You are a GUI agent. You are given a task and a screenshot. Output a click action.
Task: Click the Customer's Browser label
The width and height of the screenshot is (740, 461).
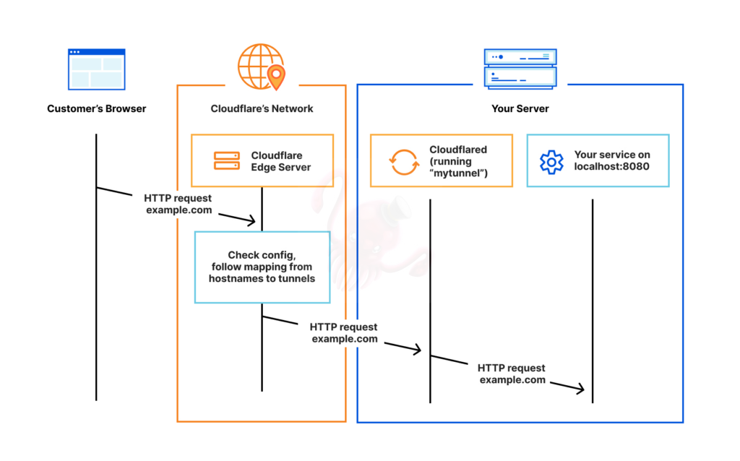coord(97,109)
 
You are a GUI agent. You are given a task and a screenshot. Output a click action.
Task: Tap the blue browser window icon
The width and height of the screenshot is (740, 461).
coord(96,69)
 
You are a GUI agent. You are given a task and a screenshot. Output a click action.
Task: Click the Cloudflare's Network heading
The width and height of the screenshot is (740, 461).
coord(262,109)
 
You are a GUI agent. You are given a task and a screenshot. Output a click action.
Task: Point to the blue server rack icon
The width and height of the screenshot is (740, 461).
coord(520,69)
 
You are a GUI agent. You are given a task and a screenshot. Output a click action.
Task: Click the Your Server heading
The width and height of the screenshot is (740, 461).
coord(520,109)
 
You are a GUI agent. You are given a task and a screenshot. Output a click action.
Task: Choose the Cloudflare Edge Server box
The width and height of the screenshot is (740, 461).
coord(262,160)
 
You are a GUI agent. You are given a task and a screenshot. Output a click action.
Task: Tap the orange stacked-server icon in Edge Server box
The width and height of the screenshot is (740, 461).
coord(226,161)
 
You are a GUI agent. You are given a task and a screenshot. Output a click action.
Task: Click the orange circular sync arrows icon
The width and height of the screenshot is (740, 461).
coord(404,161)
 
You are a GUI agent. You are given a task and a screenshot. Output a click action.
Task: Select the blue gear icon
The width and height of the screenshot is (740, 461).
coord(551,161)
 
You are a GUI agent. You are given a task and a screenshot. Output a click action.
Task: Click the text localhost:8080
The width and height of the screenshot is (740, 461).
coord(611,166)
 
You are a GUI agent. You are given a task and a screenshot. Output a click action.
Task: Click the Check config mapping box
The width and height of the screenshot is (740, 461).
coord(262,267)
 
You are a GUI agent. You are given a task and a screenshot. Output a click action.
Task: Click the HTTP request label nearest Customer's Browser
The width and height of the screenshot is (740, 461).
coord(178,204)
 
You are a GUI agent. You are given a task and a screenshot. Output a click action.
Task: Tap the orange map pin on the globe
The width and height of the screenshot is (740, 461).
coord(276,75)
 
